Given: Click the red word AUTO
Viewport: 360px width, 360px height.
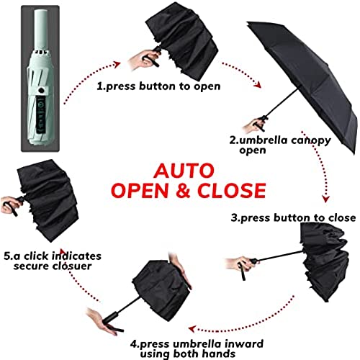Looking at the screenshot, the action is pyautogui.click(x=184, y=171).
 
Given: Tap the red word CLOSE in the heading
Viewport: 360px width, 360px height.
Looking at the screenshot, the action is pyautogui.click(x=232, y=191).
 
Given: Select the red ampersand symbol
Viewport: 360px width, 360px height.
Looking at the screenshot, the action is pyautogui.click(x=184, y=191).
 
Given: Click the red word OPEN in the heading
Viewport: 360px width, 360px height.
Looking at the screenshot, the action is pyautogui.click(x=140, y=191).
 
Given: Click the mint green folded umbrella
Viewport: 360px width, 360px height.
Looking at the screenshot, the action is pyautogui.click(x=40, y=78).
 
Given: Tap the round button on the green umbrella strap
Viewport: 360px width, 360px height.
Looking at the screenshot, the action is pyautogui.click(x=42, y=91).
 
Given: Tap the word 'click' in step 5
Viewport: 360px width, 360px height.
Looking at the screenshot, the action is pyautogui.click(x=36, y=256).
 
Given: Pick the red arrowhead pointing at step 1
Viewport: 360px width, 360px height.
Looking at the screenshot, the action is pyautogui.click(x=117, y=64).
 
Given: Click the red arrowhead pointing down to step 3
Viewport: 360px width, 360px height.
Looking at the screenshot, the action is pyautogui.click(x=325, y=199).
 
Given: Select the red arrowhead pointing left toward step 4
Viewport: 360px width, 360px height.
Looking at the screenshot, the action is pyautogui.click(x=192, y=329).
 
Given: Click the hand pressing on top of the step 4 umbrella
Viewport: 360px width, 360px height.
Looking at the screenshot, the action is pyautogui.click(x=179, y=269).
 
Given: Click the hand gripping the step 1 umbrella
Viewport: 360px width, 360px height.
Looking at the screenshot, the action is pyautogui.click(x=143, y=59).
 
